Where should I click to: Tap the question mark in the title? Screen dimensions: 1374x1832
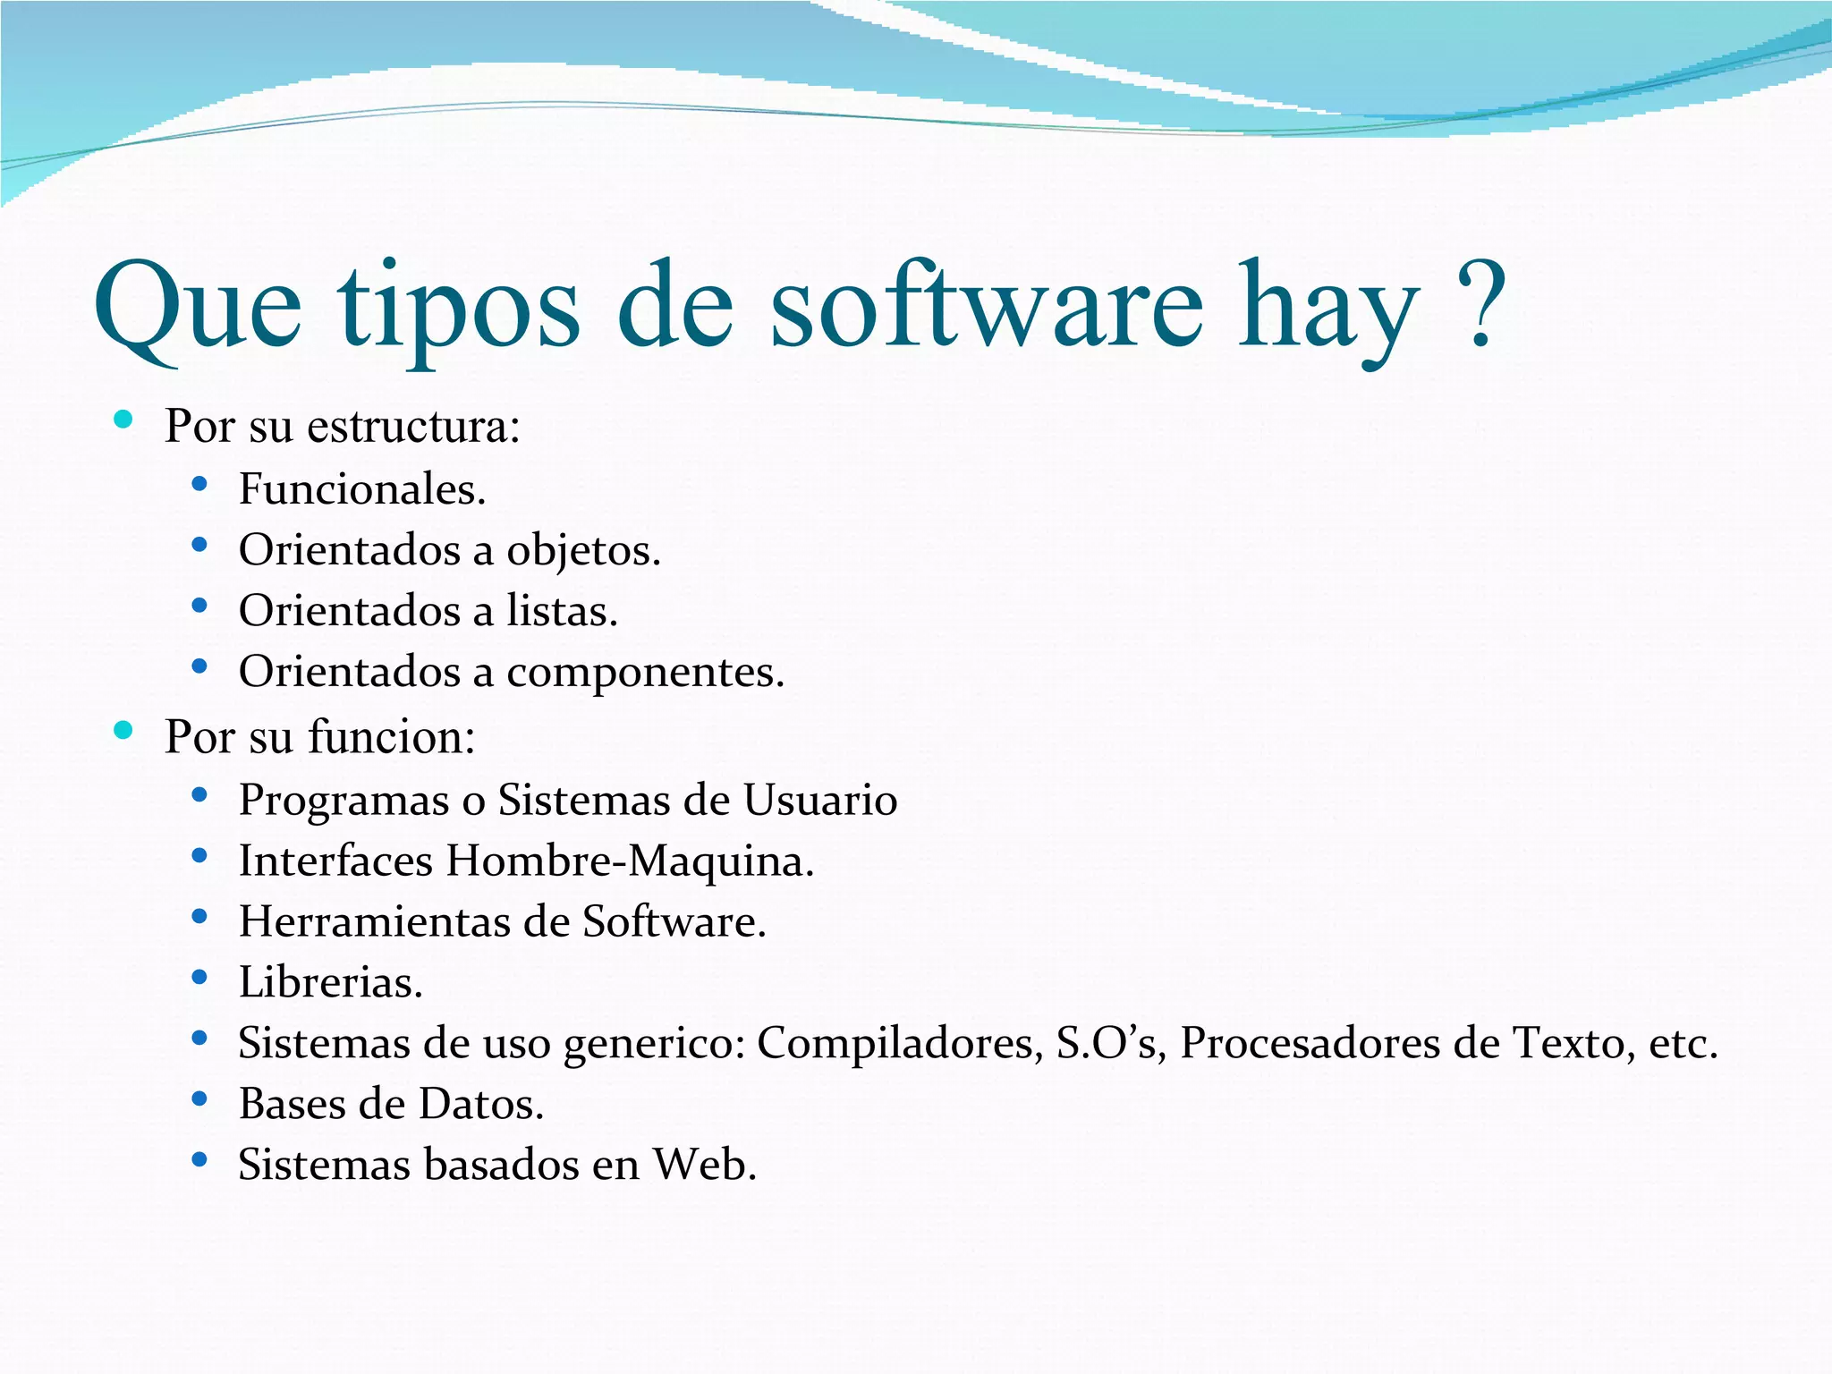pos(1480,305)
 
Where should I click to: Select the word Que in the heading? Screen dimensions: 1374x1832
pos(198,309)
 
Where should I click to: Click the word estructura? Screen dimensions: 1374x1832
pos(412,426)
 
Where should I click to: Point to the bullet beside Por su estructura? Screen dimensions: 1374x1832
pos(123,419)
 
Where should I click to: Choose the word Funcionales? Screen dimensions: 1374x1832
pos(361,489)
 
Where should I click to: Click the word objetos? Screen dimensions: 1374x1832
pos(583,551)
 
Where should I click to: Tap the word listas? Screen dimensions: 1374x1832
pos(562,611)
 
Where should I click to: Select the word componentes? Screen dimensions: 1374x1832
pos(645,673)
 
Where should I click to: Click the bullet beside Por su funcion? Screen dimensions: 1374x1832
pos(123,730)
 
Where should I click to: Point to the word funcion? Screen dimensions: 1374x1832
pos(391,737)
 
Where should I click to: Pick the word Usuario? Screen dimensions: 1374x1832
pos(820,800)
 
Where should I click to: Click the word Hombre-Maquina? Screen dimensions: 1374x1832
pos(630,861)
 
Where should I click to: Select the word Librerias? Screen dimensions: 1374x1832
pos(330,982)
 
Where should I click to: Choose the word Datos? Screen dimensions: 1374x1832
pos(481,1104)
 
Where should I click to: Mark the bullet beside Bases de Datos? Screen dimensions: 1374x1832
pos(199,1098)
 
